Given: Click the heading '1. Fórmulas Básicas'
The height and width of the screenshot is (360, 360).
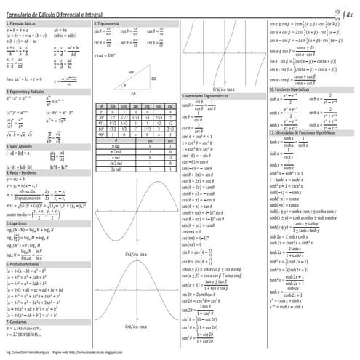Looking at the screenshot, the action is click(x=23, y=24).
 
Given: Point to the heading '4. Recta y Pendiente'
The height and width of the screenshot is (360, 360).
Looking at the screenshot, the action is click(x=25, y=173).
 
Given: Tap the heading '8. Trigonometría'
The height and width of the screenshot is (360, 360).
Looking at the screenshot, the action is click(x=107, y=24).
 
